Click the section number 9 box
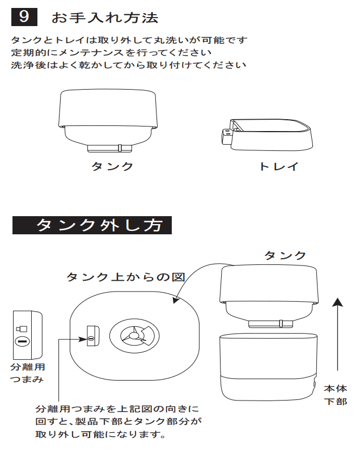pyautogui.click(x=24, y=17)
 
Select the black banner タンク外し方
pyautogui.click(x=92, y=226)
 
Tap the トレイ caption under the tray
pyautogui.click(x=278, y=167)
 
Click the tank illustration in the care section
pyautogui.click(x=109, y=120)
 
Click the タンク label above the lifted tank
pyautogui.click(x=285, y=255)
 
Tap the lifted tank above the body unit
pyautogui.click(x=268, y=295)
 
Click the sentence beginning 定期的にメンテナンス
pyautogui.click(x=111, y=53)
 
